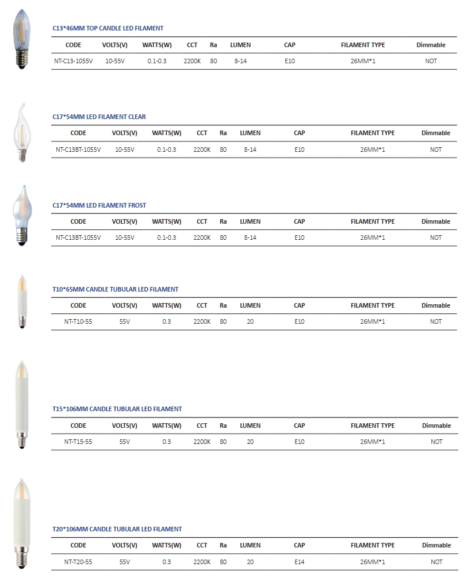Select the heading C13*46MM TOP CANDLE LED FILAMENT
(x=108, y=28)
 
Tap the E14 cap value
(x=299, y=562)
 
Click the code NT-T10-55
(x=78, y=321)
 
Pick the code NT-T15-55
(x=78, y=442)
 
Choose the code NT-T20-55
(x=78, y=562)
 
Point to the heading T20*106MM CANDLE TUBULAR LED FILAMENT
(x=117, y=529)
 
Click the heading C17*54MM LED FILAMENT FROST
(x=99, y=205)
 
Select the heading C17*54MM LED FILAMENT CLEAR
(x=99, y=117)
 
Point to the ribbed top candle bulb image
(x=22, y=39)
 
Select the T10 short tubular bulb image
(x=22, y=302)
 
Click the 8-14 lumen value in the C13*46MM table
(x=240, y=61)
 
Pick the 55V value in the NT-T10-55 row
(x=124, y=321)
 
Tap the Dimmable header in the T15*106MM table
(x=436, y=426)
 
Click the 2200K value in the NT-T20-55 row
(x=202, y=562)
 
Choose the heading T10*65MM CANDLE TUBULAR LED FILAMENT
(x=115, y=289)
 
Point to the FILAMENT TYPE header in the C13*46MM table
(x=363, y=45)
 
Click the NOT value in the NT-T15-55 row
(x=436, y=442)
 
